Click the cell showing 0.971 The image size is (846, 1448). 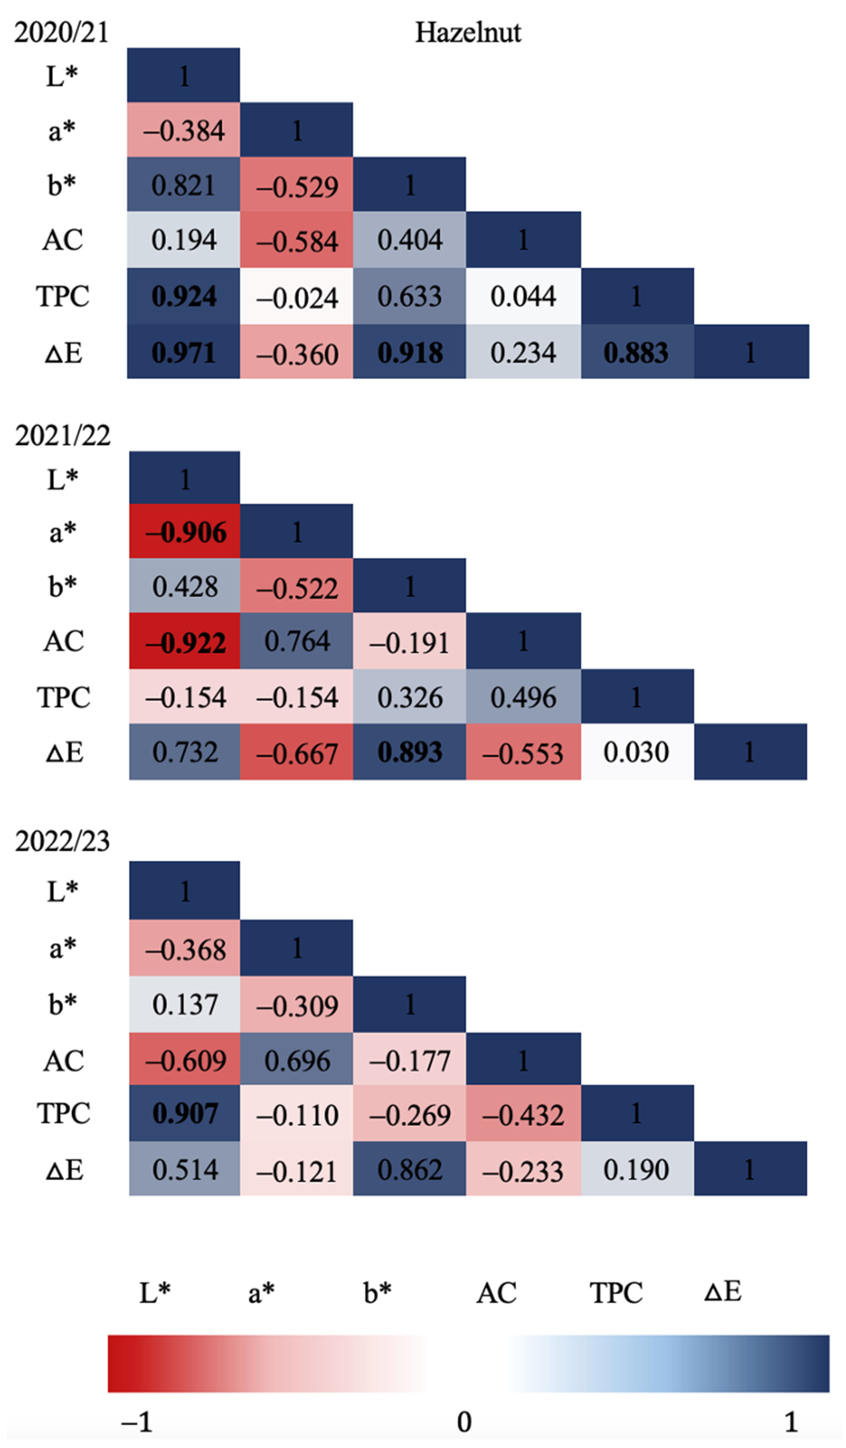(x=183, y=352)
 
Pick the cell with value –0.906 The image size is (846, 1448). (x=184, y=532)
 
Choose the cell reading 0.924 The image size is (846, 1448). (x=183, y=297)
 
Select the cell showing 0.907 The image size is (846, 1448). (x=184, y=1113)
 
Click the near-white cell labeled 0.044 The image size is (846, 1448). (x=523, y=297)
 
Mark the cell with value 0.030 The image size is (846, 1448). (x=636, y=752)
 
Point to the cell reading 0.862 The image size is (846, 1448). (x=410, y=1170)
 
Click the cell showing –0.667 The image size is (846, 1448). (x=297, y=752)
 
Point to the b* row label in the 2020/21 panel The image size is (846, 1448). (x=62, y=185)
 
